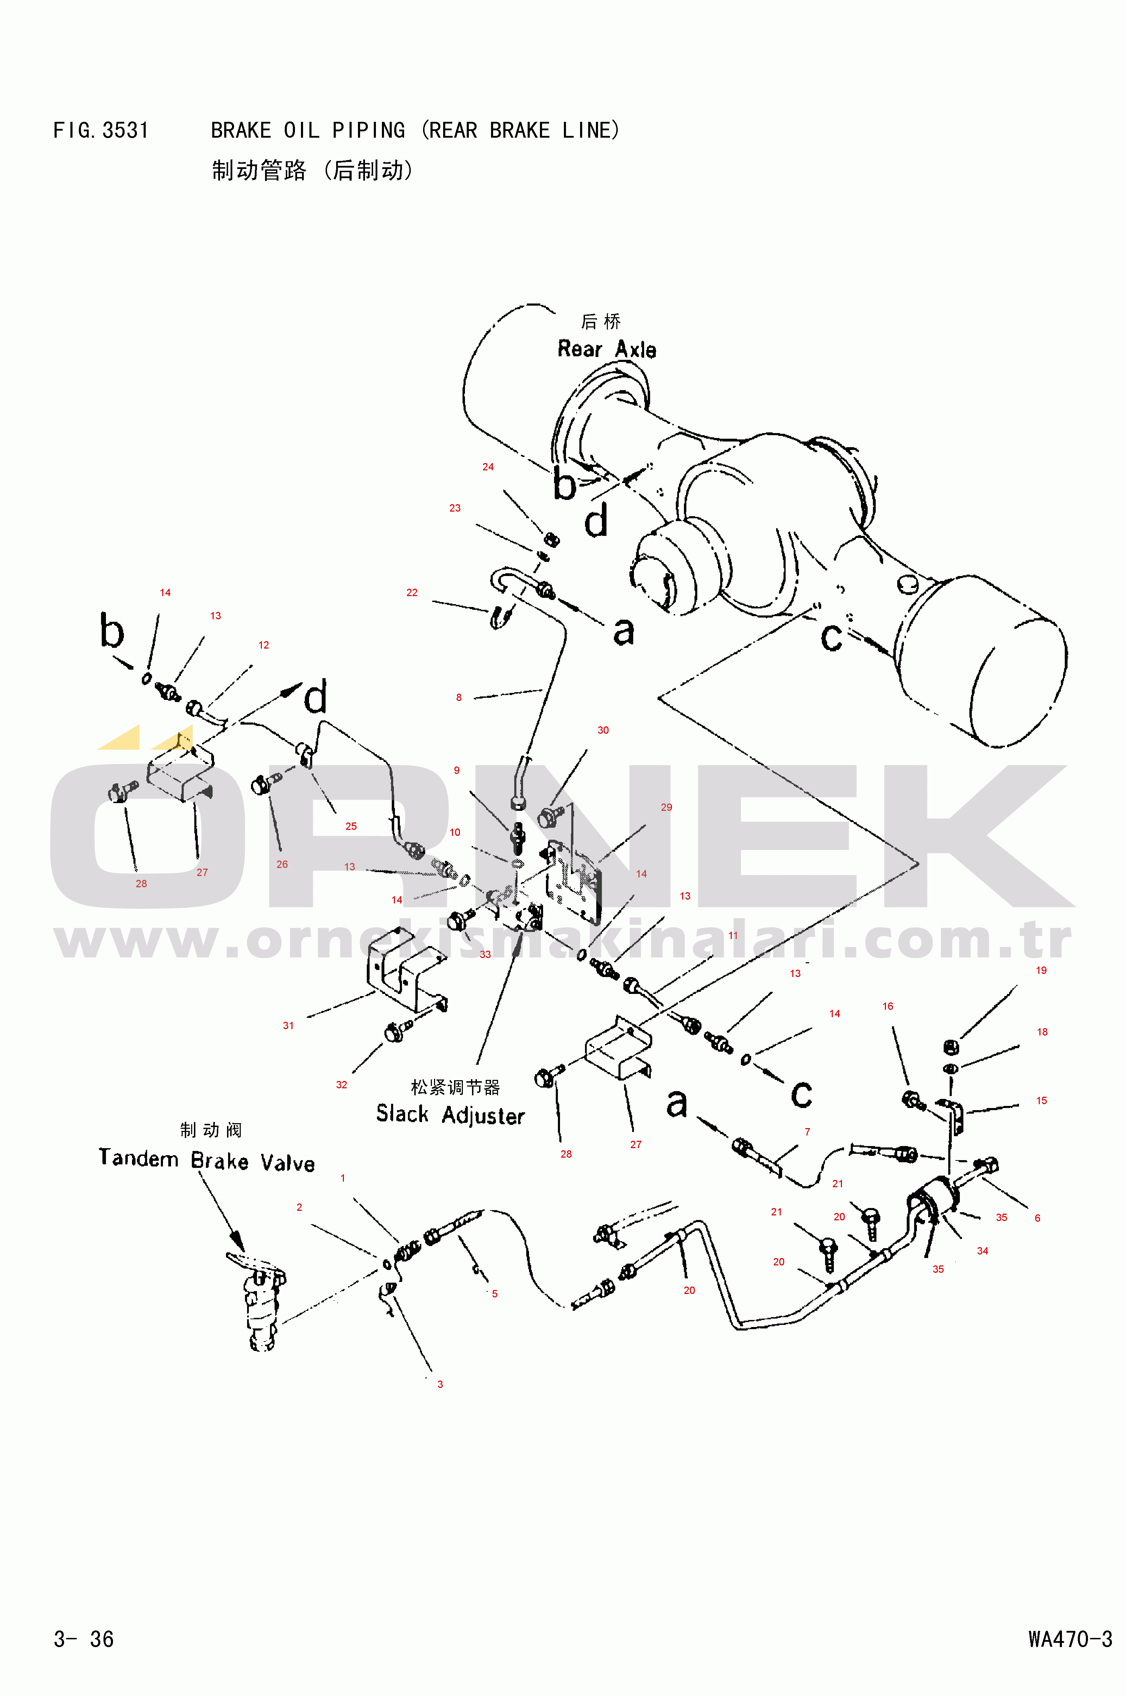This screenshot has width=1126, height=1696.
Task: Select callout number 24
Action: pyautogui.click(x=487, y=467)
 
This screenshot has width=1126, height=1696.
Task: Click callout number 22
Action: pyautogui.click(x=411, y=593)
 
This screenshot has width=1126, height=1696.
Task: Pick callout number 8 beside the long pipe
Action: pyautogui.click(x=459, y=697)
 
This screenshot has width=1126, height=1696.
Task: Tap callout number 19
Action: pyautogui.click(x=1040, y=970)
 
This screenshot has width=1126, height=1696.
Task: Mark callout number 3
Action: pyautogui.click(x=440, y=1384)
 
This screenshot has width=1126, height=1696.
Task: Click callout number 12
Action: pyautogui.click(x=264, y=645)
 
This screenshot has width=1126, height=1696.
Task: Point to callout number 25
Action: pyautogui.click(x=351, y=826)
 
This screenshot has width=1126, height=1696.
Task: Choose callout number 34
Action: pyautogui.click(x=982, y=1251)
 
